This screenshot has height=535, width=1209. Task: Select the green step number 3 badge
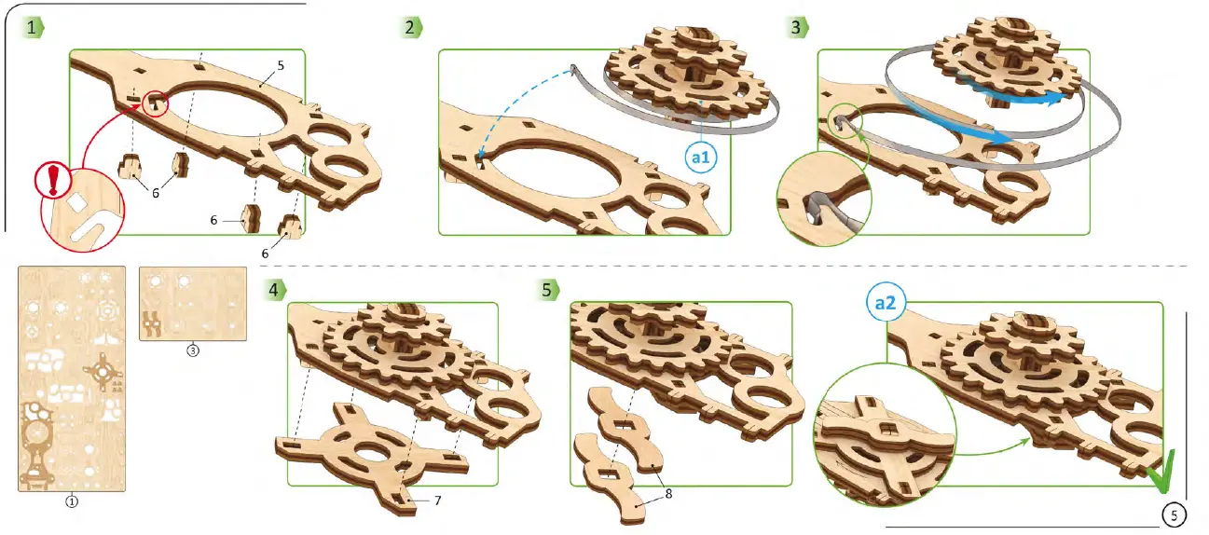tap(796, 28)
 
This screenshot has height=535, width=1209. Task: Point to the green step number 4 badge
tap(272, 289)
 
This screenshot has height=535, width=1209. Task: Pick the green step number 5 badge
tap(547, 289)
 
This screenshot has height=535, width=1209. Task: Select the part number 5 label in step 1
tap(280, 66)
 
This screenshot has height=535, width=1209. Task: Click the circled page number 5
tap(1175, 514)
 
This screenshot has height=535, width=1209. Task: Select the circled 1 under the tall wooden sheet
tap(71, 501)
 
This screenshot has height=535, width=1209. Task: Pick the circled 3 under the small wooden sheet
tap(193, 351)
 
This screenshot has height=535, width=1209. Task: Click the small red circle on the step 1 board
tap(156, 104)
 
